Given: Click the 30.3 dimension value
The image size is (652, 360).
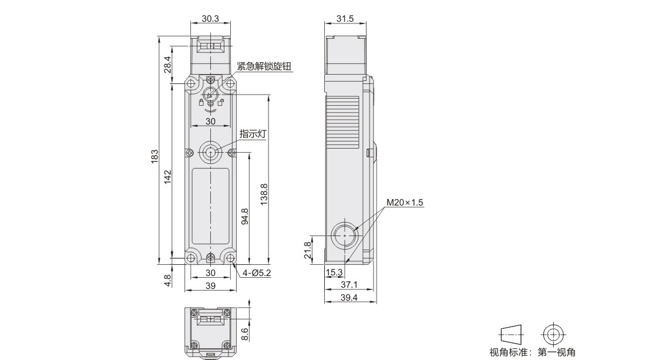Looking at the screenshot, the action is (x=210, y=19).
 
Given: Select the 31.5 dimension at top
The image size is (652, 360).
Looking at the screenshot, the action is (x=345, y=19).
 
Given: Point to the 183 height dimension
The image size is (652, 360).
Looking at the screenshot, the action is (x=154, y=156).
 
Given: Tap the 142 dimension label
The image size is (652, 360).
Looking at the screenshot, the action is (x=167, y=177).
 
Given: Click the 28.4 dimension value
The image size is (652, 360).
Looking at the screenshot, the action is (x=167, y=65).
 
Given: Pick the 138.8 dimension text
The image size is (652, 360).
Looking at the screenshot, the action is (x=264, y=194).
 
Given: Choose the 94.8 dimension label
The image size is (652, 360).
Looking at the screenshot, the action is (x=245, y=217).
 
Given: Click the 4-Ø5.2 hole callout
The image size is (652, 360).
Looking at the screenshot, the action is (x=257, y=273).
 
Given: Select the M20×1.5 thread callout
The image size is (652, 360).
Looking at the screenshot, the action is (x=405, y=203).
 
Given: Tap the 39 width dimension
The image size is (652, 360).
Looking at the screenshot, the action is (x=210, y=286).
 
